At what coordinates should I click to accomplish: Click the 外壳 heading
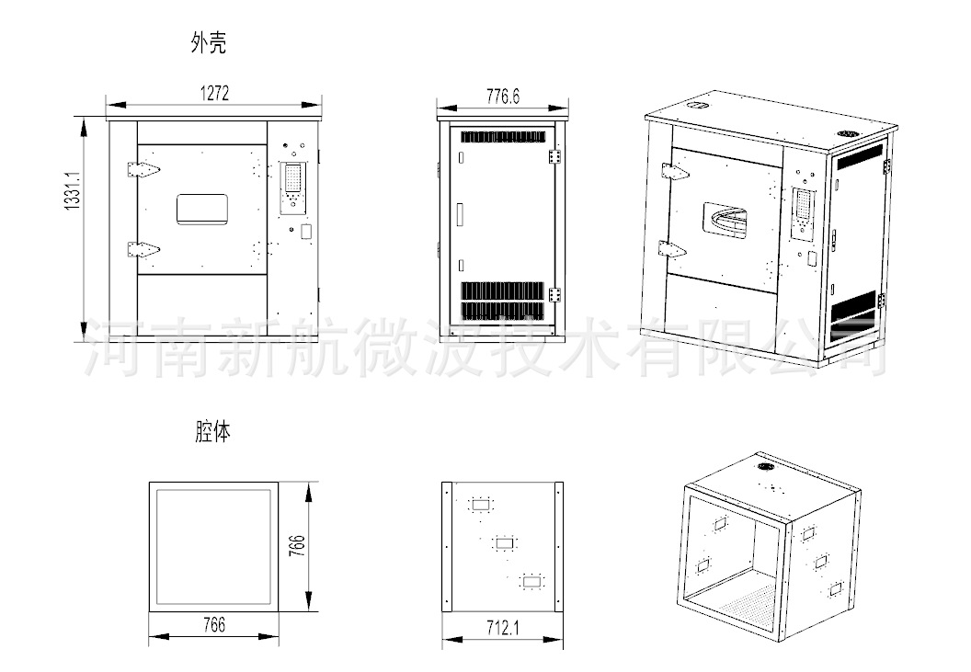point(208,44)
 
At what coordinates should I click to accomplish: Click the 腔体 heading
point(212,432)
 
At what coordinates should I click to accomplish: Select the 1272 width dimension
point(213,93)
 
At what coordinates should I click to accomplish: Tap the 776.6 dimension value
point(503,96)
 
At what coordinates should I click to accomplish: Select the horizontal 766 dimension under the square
point(213,625)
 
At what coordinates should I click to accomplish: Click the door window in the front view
point(202,208)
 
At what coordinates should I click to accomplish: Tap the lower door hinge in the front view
point(142,248)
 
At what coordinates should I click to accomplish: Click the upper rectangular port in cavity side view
point(481,504)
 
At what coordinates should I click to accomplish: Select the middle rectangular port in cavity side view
point(504,542)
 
